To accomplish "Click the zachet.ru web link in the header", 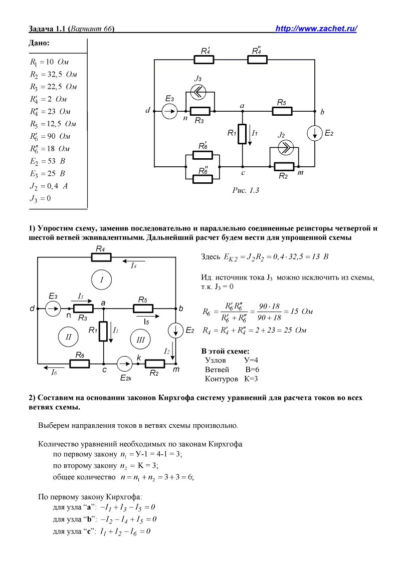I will [x=316, y=29].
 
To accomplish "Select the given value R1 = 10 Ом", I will [x=49, y=63].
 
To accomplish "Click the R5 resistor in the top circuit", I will [x=282, y=111].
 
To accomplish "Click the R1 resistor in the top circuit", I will [x=242, y=134].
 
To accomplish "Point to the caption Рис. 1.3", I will [x=245, y=190].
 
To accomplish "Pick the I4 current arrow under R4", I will [x=132, y=263].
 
